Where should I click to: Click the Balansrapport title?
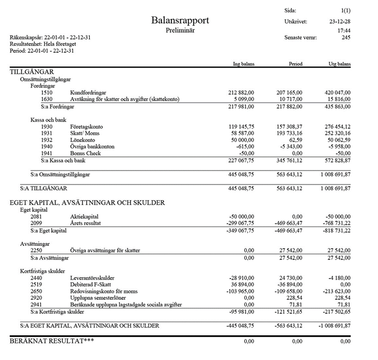point(180,21)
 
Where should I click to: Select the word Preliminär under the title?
point(180,31)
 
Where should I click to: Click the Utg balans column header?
point(340,64)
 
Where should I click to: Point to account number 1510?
point(46,93)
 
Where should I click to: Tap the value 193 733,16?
point(288,133)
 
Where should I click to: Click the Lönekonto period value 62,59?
point(294,140)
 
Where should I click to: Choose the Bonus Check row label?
point(86,153)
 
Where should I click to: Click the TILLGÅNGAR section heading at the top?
point(32,72)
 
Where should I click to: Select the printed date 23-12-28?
point(340,22)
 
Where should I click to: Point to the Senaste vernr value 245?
point(346,37)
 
